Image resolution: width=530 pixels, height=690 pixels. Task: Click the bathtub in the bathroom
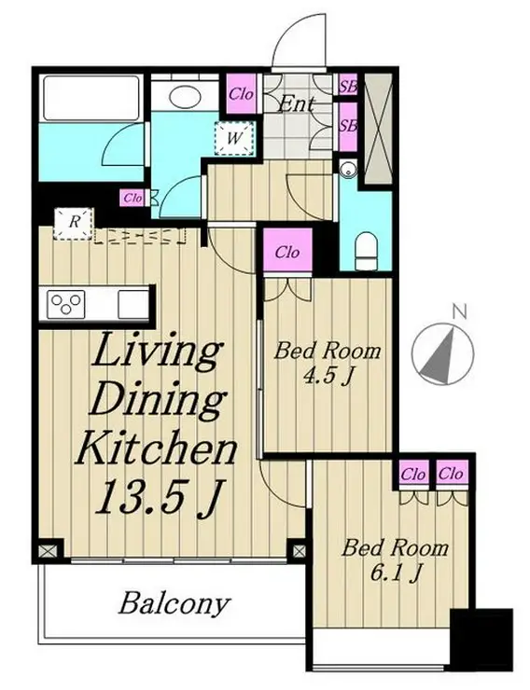[91, 98]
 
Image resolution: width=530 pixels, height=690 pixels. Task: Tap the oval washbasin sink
[185, 96]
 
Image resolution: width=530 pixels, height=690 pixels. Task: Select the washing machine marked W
[234, 138]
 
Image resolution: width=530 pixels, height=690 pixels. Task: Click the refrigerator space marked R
[74, 224]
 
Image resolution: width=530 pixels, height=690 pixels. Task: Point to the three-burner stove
[66, 304]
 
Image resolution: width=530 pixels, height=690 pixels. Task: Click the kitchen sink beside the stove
[132, 304]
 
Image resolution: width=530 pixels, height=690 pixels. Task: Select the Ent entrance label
[297, 104]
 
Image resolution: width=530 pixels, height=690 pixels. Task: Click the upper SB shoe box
[348, 86]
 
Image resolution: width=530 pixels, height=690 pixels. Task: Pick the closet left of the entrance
[241, 93]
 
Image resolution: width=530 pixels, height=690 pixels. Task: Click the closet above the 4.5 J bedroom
[288, 252]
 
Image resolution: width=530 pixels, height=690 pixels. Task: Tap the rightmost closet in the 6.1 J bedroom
[452, 474]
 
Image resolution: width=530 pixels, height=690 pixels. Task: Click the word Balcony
[174, 603]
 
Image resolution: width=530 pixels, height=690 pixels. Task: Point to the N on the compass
[459, 312]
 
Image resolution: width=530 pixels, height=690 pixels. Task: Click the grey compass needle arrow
[440, 356]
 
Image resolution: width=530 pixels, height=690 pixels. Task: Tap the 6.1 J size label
[396, 573]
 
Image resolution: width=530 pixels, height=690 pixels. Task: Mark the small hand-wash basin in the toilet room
[348, 169]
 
